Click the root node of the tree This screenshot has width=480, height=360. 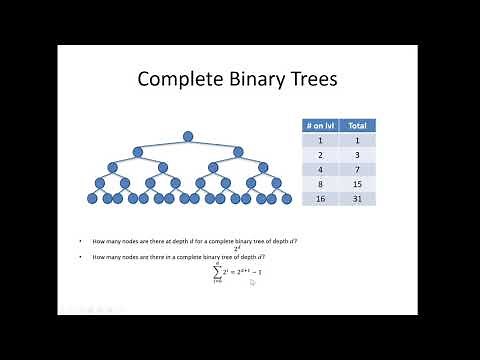(187, 136)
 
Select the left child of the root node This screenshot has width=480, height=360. (137, 152)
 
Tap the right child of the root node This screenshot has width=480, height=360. (238, 152)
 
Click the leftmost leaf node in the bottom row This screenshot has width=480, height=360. (91, 199)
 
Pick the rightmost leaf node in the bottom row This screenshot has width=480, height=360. (285, 199)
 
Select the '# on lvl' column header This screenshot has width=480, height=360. (321, 126)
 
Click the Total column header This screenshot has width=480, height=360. (358, 126)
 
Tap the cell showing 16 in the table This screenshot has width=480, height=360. (321, 198)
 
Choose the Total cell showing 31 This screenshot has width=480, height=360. (358, 198)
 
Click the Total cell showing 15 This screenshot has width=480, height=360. (358, 184)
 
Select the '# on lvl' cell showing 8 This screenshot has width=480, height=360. (321, 184)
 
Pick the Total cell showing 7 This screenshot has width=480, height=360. (358, 170)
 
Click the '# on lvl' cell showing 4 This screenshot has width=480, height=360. (321, 170)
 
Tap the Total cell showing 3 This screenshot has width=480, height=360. (358, 155)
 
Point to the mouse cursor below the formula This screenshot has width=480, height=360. (253, 283)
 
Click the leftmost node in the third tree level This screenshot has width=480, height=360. (112, 167)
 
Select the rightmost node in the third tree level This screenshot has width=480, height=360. (263, 167)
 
